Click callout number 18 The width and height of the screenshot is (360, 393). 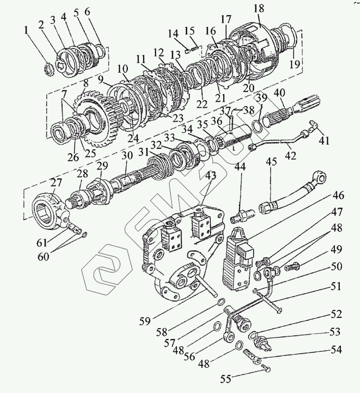[259, 8]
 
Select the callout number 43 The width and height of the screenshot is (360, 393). [210, 175]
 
